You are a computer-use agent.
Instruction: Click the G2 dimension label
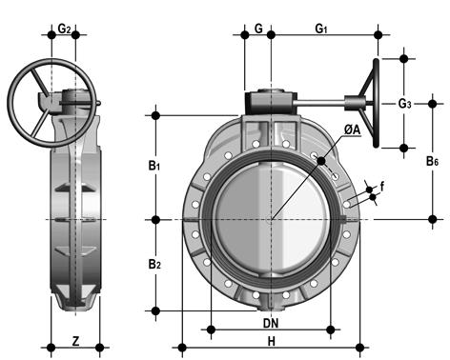tap(64, 29)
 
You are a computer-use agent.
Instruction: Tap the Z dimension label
tap(75, 341)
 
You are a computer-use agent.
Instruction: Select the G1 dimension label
tap(321, 29)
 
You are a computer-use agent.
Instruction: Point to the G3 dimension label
tap(405, 104)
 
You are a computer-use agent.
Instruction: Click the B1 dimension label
tap(154, 166)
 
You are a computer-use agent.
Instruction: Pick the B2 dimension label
tap(154, 264)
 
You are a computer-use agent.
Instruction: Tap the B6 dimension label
tap(432, 161)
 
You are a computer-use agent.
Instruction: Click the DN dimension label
tap(271, 323)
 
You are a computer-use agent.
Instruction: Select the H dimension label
tap(271, 342)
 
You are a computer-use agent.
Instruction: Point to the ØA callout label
tap(352, 130)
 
